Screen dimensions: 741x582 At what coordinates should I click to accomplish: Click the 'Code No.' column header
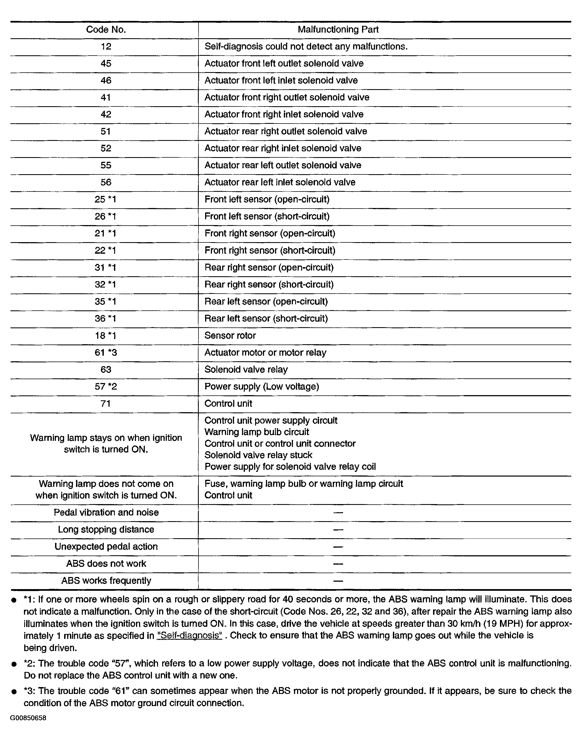point(106,30)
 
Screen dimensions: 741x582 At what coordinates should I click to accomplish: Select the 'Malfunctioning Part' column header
point(338,30)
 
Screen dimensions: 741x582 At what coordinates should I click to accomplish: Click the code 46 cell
point(106,80)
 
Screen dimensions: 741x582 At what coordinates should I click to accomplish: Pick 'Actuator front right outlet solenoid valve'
point(287,97)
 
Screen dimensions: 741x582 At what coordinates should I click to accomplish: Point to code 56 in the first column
point(106,182)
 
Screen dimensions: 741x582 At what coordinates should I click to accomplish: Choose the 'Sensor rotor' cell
point(230,335)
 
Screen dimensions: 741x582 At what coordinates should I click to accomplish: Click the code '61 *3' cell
point(106,352)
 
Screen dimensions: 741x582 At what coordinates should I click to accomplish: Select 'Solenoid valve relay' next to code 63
point(246,370)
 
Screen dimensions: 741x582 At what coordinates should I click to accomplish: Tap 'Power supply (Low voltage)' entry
point(262,387)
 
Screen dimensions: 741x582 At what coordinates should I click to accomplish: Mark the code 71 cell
point(106,404)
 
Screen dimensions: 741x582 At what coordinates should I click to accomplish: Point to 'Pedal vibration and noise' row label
point(106,513)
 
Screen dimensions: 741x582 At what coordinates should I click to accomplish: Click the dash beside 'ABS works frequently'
point(338,581)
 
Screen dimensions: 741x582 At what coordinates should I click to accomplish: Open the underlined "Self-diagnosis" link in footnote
point(189,636)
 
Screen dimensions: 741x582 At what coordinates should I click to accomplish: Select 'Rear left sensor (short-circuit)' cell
point(266,318)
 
